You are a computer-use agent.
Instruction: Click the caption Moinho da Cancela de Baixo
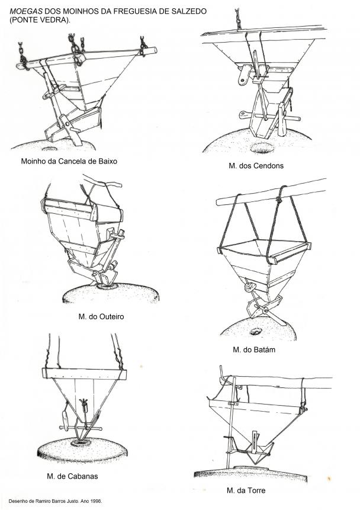(x=69, y=161)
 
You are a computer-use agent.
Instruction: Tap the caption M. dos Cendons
(x=256, y=166)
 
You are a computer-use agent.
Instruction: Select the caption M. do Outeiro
(x=101, y=317)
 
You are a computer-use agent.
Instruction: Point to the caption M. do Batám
(x=254, y=350)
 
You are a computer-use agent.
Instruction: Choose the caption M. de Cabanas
(x=72, y=476)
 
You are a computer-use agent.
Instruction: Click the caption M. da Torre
(x=246, y=490)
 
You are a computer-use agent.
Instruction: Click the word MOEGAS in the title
(x=26, y=11)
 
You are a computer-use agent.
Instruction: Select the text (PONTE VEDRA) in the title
(x=40, y=20)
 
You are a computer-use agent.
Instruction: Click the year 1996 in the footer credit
(x=97, y=501)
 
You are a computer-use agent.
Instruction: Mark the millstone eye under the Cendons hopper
(x=262, y=148)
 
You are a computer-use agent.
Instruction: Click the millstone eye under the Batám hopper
(x=256, y=332)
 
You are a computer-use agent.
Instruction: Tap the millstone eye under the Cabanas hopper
(x=81, y=442)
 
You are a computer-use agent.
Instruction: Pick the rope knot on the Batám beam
(x=279, y=199)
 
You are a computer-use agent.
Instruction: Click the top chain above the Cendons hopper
(x=238, y=19)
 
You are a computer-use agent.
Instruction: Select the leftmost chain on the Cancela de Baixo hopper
(x=22, y=56)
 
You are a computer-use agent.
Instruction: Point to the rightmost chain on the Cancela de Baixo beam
(x=143, y=46)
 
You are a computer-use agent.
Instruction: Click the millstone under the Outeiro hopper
(x=111, y=293)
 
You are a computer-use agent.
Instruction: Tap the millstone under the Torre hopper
(x=250, y=473)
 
